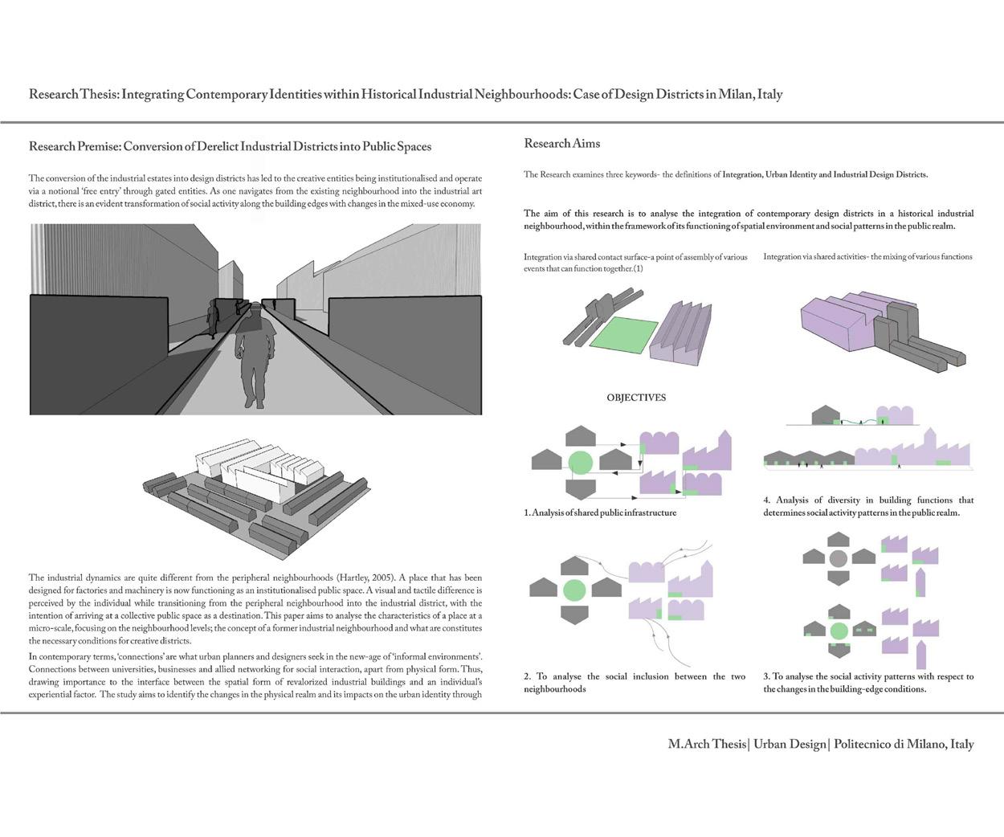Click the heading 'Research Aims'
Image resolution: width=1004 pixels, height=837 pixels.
pyautogui.click(x=561, y=144)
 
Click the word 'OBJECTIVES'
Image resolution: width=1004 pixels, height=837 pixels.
pyautogui.click(x=636, y=398)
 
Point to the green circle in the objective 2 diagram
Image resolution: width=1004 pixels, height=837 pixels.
pyautogui.click(x=574, y=590)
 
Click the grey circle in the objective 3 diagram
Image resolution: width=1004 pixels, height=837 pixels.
pyautogui.click(x=839, y=559)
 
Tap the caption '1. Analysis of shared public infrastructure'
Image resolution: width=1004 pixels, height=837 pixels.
pyautogui.click(x=600, y=512)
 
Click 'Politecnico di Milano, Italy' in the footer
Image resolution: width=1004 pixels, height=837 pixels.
pyautogui.click(x=904, y=744)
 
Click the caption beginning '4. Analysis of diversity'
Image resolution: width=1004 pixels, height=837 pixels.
pyautogui.click(x=867, y=506)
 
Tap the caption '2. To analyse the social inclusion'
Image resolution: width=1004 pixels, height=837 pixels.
pyautogui.click(x=634, y=683)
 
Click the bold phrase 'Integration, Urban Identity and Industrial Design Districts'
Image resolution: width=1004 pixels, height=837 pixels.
pyautogui.click(x=824, y=174)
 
